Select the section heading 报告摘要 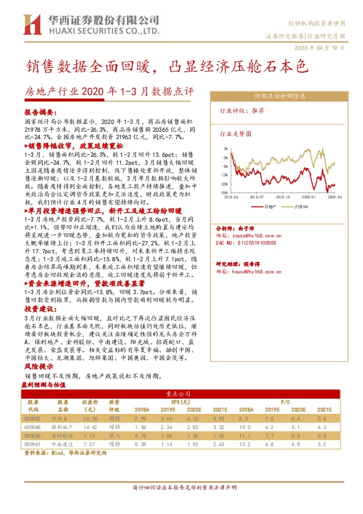pyautogui.click(x=40, y=114)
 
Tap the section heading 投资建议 pyautogui.click(x=38, y=309)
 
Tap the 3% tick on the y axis pyautogui.click(x=225, y=148)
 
